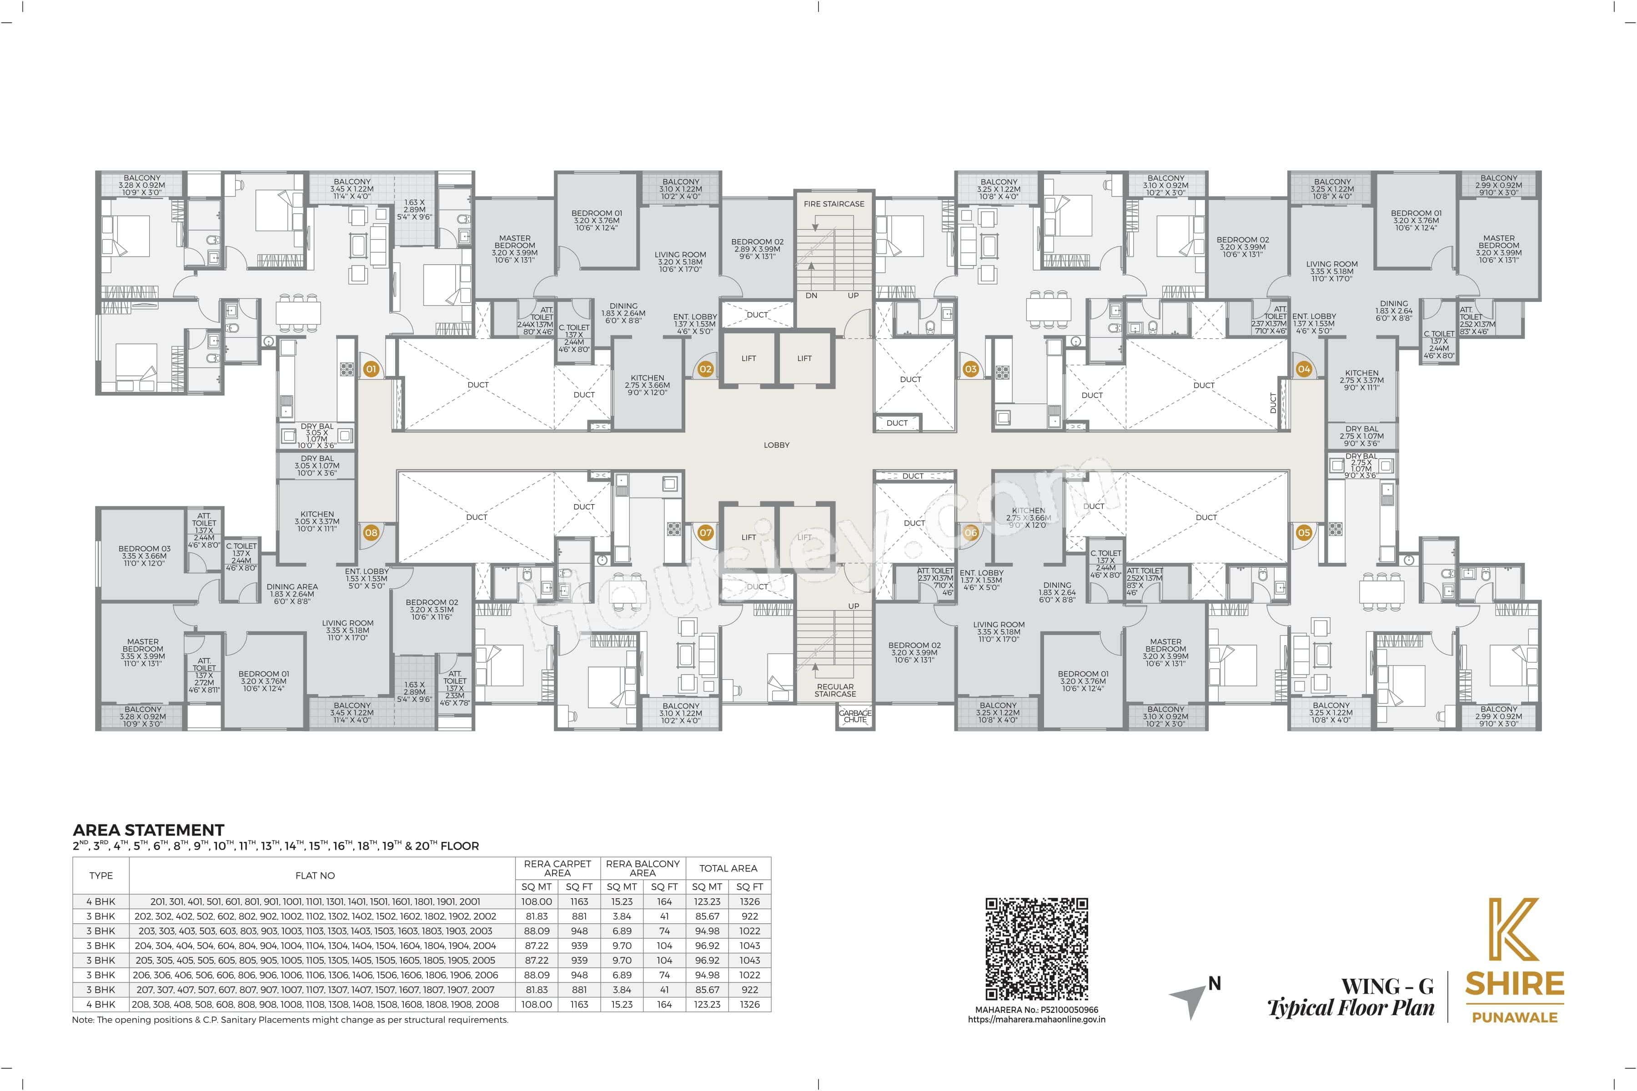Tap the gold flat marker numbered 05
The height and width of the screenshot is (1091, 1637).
(1304, 532)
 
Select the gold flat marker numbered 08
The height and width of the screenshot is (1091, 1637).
(371, 532)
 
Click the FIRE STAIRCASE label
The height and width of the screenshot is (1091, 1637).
(834, 204)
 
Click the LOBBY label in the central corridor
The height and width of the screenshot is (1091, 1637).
(776, 445)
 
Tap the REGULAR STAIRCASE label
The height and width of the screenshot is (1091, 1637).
(835, 690)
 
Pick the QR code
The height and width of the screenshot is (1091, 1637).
(1036, 948)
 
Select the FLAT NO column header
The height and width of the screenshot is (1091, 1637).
(315, 876)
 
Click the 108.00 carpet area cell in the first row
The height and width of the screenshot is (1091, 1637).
(537, 901)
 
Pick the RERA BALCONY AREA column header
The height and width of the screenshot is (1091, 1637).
(643, 868)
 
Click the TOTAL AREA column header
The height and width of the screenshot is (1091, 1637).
(728, 868)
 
